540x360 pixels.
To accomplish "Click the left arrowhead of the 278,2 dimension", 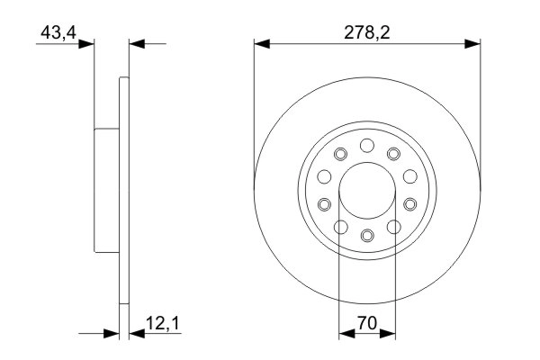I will tap(262, 41).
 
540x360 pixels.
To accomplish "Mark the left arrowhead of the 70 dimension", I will tap(345, 333).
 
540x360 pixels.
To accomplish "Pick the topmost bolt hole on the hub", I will tap(366, 146).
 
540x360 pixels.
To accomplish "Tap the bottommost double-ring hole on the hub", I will tap(366, 237).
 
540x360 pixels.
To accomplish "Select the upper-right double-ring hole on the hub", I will tap(393, 155).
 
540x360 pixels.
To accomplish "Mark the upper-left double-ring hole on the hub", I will tap(339, 155).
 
